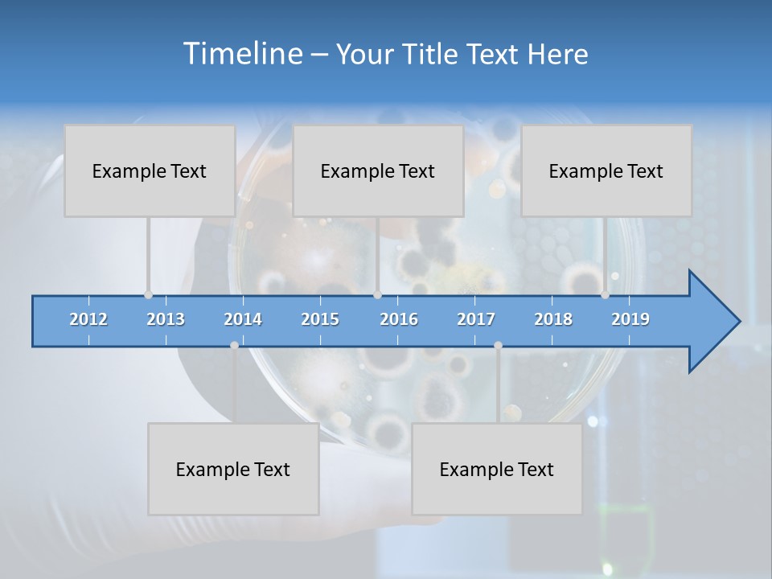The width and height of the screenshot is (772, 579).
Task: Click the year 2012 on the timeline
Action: (x=88, y=319)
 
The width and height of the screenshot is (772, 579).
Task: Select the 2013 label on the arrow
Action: (x=166, y=319)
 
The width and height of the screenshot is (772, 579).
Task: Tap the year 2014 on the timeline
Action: (x=243, y=319)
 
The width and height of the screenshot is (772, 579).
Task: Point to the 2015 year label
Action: (x=320, y=319)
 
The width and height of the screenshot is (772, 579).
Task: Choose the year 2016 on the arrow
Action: (x=399, y=319)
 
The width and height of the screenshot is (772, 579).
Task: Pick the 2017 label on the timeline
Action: (x=476, y=319)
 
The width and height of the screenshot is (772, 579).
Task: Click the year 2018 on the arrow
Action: (x=553, y=319)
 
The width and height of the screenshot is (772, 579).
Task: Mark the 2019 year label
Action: (x=630, y=319)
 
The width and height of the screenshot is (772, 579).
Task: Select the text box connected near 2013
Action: (x=150, y=170)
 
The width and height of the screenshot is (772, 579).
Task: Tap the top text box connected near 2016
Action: (x=378, y=170)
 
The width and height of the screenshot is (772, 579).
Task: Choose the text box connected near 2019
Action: (x=606, y=170)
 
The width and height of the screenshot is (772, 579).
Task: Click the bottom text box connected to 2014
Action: (x=233, y=469)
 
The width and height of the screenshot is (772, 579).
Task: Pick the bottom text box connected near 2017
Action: (x=497, y=469)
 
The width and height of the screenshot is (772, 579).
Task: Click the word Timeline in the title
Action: (x=241, y=53)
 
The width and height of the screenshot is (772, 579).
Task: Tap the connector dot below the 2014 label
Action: (x=234, y=345)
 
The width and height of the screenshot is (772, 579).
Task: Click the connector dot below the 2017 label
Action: (x=498, y=345)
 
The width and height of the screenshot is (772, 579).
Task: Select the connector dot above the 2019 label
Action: (x=605, y=294)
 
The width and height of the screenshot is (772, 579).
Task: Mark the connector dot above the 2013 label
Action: (x=148, y=294)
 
